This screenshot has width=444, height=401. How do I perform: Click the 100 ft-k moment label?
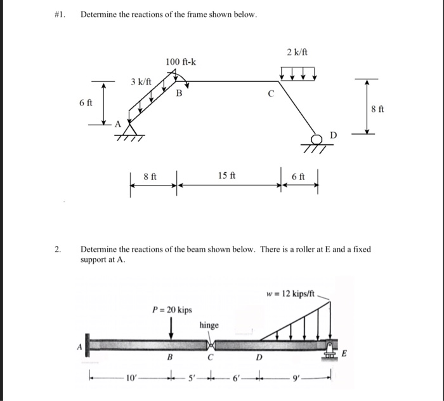coord(181,61)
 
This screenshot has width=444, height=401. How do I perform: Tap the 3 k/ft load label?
coord(140,82)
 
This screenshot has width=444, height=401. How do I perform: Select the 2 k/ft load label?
coord(297,51)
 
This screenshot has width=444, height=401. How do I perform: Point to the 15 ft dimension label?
coord(226,175)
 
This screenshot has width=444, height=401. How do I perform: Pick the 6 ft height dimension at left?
coord(86,103)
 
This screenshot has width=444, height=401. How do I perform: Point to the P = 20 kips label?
coord(172,309)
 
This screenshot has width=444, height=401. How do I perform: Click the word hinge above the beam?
coord(209,325)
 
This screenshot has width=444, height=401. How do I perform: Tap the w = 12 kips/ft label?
coord(291,293)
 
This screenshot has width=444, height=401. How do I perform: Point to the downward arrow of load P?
coord(172,329)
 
